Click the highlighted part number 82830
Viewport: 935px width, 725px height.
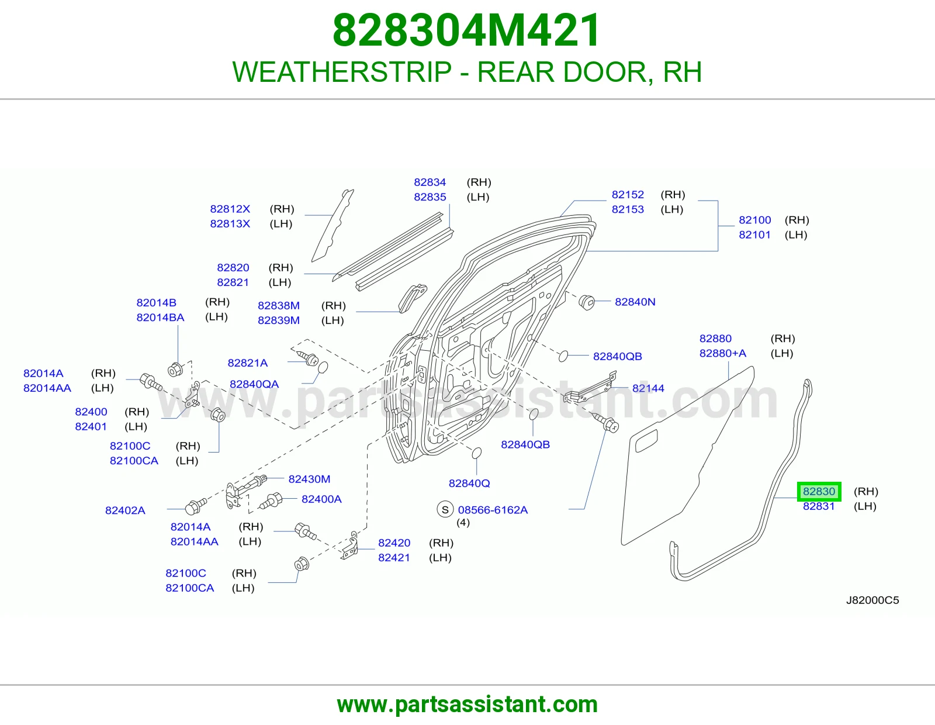[x=819, y=491]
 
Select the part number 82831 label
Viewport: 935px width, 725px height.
[x=818, y=506]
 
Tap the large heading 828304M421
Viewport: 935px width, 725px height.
[x=466, y=30]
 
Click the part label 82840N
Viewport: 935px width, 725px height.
[x=635, y=302]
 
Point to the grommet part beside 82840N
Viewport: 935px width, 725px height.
[x=587, y=302]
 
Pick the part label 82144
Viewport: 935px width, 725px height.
[x=648, y=388]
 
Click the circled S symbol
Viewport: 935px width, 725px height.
[x=445, y=510]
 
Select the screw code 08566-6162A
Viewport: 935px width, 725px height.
[x=493, y=510]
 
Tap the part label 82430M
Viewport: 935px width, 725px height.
[x=309, y=479]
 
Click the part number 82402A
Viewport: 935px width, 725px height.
[x=125, y=510]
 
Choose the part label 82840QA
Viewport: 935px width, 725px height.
[x=254, y=384]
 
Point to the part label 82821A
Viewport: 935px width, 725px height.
[x=247, y=363]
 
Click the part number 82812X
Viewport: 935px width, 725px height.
[x=230, y=209]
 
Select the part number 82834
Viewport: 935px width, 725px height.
[x=430, y=182]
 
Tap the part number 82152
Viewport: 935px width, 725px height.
[x=628, y=195]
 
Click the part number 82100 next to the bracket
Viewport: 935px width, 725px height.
[x=754, y=220]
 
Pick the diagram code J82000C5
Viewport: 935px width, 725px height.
[x=872, y=600]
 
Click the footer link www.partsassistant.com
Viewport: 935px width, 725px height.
[x=467, y=705]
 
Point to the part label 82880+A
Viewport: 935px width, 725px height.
[x=722, y=353]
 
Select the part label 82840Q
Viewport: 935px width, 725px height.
[x=469, y=483]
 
